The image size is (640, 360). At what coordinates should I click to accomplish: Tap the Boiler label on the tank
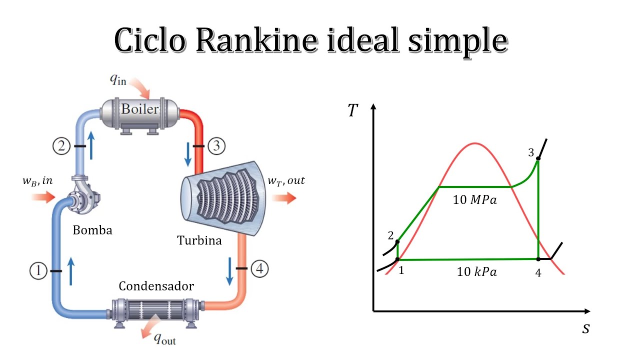140,109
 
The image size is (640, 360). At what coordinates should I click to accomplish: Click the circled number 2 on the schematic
61,146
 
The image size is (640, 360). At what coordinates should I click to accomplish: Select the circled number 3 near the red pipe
216,146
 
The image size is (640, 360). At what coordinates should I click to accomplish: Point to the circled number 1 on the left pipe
38,271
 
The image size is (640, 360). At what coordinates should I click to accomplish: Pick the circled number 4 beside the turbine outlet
259,268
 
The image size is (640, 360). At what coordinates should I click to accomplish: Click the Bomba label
92,230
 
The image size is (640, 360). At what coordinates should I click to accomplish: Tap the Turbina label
199,240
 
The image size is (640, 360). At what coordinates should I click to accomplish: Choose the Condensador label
156,286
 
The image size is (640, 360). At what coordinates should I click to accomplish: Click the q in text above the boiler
118,79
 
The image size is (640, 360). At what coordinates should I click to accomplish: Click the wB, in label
37,180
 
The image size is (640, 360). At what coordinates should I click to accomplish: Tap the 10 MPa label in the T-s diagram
475,199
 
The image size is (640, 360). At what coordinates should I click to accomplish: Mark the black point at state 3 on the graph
538,159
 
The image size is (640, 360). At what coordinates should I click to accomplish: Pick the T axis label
353,110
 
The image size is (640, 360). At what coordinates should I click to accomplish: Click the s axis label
586,328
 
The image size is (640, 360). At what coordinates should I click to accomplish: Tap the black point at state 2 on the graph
397,242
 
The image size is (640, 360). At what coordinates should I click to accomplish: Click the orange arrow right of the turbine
284,198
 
